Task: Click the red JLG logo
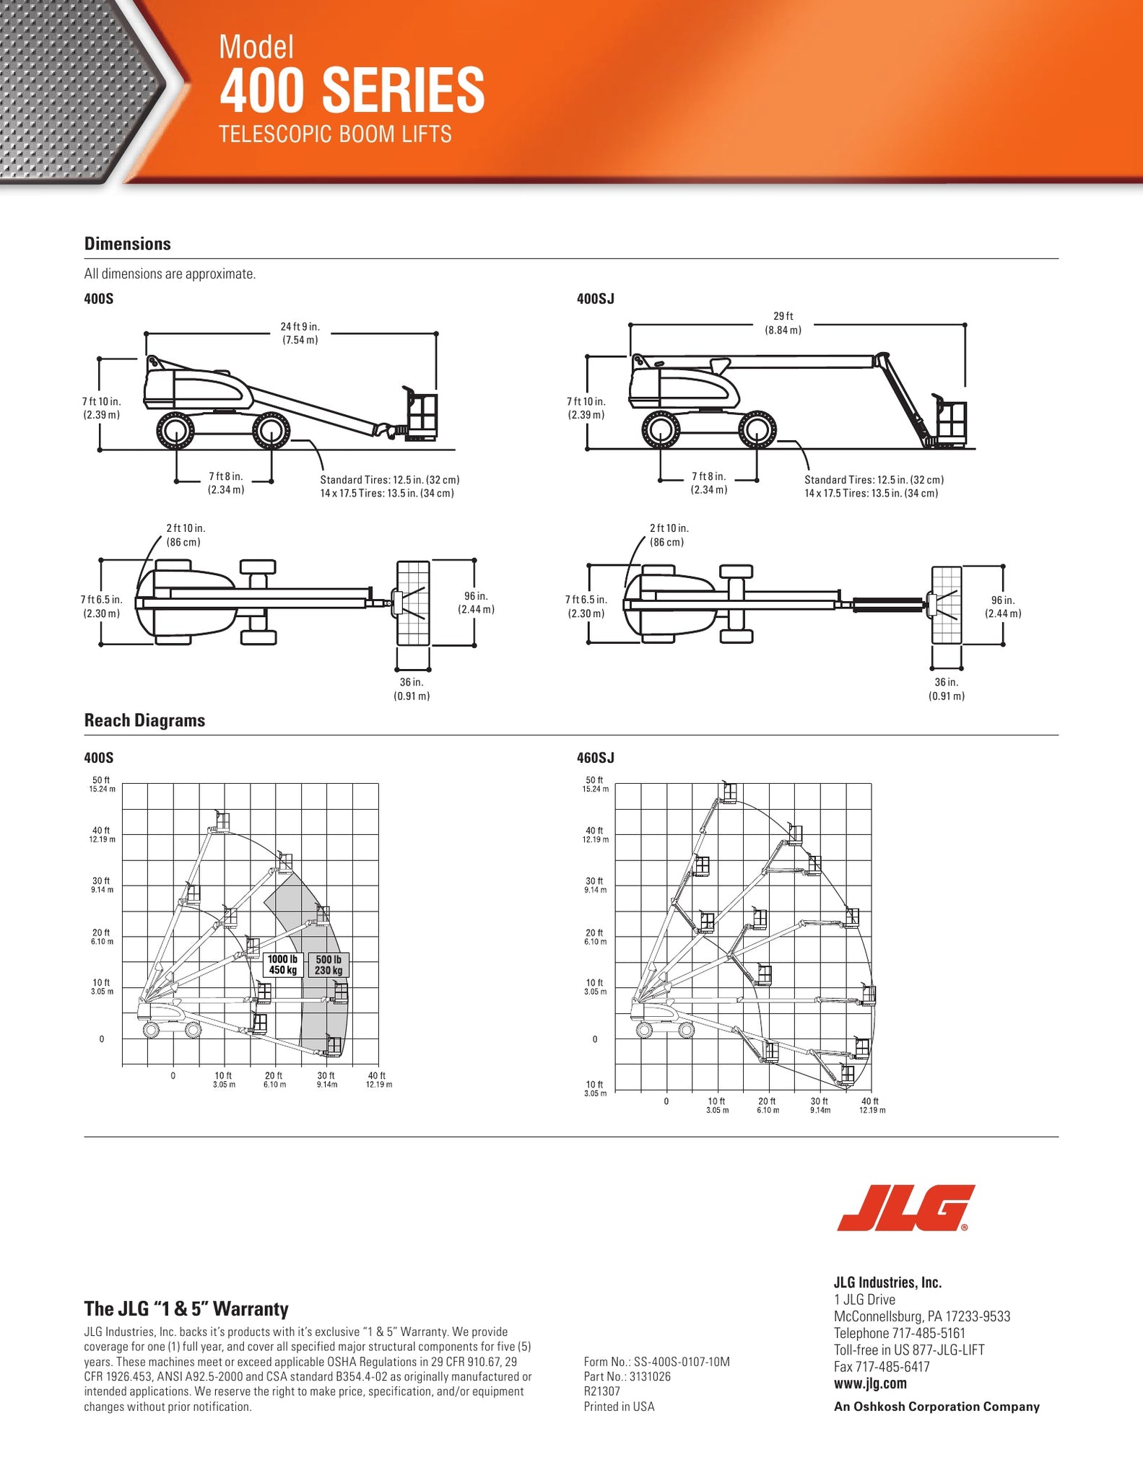point(905,1208)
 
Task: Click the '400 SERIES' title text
point(352,89)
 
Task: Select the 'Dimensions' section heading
point(128,244)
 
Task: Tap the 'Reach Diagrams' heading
point(144,720)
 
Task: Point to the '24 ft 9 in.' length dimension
point(300,327)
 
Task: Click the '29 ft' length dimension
point(783,316)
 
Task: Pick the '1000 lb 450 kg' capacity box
point(282,964)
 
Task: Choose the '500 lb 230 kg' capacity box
point(329,964)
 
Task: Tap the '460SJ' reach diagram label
point(595,758)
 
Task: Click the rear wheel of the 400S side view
point(175,432)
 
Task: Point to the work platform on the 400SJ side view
point(952,423)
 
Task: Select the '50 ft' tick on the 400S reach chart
point(101,780)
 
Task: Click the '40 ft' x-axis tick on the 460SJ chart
point(870,1101)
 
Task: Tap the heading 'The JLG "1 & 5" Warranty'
point(186,1308)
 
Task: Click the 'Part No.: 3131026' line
point(627,1376)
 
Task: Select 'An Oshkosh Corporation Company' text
point(936,1407)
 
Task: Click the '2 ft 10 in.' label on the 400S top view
point(186,528)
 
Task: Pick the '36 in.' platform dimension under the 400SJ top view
point(946,682)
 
